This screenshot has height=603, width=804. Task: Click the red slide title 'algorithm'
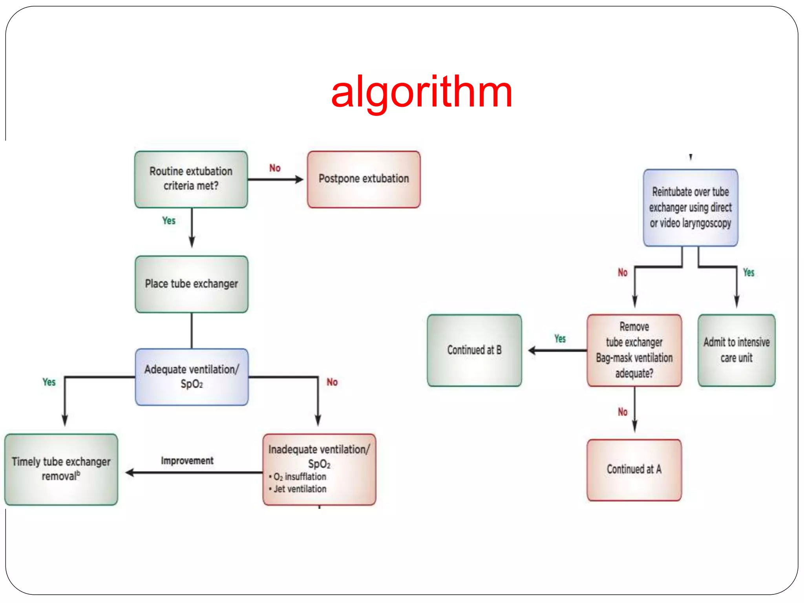[422, 93]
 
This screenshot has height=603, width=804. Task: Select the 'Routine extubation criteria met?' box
[191, 179]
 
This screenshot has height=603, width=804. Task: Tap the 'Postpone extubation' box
[364, 179]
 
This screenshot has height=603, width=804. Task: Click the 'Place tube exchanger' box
[191, 284]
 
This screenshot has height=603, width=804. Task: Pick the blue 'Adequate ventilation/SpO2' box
[192, 376]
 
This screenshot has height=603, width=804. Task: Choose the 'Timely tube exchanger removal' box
[61, 469]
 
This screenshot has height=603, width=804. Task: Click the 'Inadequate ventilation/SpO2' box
[319, 469]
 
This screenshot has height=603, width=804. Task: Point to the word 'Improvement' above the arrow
[187, 460]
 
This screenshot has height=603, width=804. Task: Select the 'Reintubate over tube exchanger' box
[690, 207]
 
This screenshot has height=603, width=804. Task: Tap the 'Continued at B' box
[474, 350]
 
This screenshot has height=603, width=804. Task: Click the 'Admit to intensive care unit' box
[736, 350]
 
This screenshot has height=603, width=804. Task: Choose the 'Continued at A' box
[634, 469]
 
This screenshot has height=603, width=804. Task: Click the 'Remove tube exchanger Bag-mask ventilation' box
[634, 350]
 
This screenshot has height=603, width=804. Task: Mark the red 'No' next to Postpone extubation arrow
[275, 168]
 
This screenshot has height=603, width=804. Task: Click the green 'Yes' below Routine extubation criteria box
[169, 221]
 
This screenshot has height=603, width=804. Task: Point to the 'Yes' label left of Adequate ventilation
[49, 382]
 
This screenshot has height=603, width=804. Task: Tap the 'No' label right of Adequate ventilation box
[332, 382]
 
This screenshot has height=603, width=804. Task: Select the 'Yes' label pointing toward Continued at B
[560, 338]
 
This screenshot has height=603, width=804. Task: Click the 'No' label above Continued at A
[623, 412]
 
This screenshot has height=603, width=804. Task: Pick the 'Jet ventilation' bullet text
[300, 489]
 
